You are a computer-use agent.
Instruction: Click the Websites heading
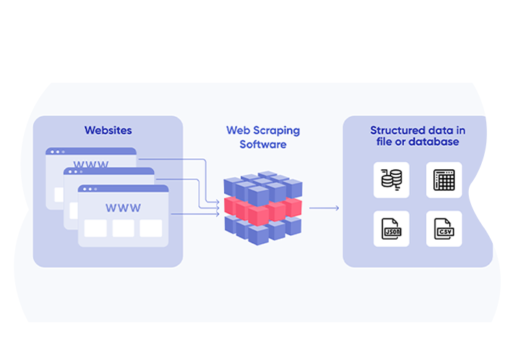(x=108, y=131)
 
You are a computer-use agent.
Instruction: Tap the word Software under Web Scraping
(x=263, y=144)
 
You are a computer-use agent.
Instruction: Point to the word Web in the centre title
(x=239, y=131)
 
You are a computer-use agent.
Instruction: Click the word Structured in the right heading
(x=396, y=131)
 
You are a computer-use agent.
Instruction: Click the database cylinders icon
(x=391, y=179)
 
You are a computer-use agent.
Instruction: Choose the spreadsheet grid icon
(x=443, y=179)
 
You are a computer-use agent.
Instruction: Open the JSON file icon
(x=391, y=229)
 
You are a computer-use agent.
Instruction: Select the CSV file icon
(x=443, y=229)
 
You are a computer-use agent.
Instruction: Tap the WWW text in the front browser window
(x=123, y=208)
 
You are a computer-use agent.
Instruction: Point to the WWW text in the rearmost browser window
(x=91, y=165)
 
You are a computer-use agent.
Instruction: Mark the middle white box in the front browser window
(x=123, y=228)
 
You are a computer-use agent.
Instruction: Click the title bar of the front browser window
(x=123, y=189)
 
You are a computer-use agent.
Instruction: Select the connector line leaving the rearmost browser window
(x=174, y=158)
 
